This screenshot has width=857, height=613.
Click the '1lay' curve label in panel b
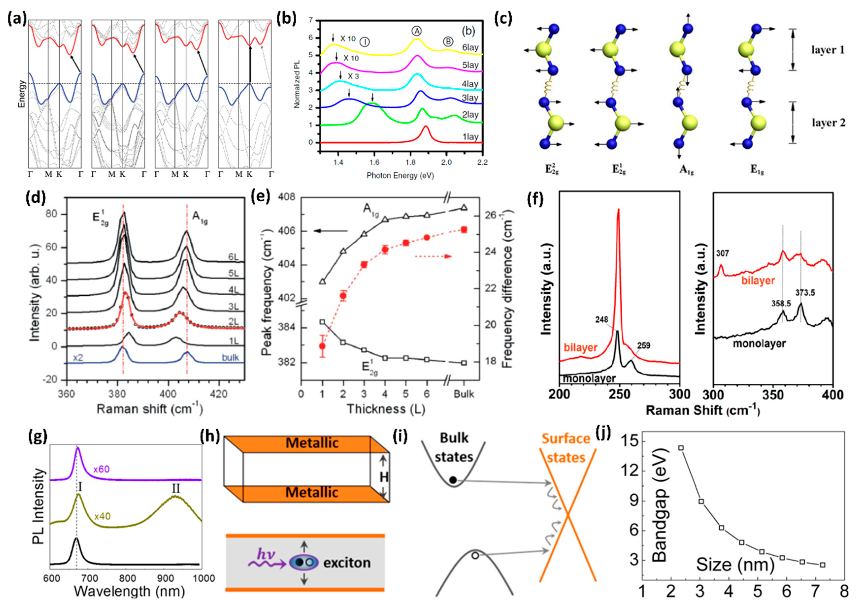point(470,137)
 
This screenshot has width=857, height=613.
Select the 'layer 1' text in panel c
point(827,50)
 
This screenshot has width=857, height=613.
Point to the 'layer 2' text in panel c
point(827,123)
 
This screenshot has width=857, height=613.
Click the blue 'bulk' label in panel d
point(230,358)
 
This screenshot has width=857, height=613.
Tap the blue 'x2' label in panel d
point(78,358)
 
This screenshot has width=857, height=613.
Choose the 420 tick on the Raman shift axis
point(218,394)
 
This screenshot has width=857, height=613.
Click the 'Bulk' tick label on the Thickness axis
point(464,394)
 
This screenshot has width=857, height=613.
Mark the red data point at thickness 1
point(322,346)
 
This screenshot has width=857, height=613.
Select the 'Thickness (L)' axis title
point(386,409)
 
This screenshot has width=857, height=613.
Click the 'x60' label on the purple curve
point(101,469)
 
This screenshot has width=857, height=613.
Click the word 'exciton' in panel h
point(347,563)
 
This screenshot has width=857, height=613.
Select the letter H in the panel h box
point(384,477)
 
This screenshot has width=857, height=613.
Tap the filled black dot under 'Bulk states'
point(453,481)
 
